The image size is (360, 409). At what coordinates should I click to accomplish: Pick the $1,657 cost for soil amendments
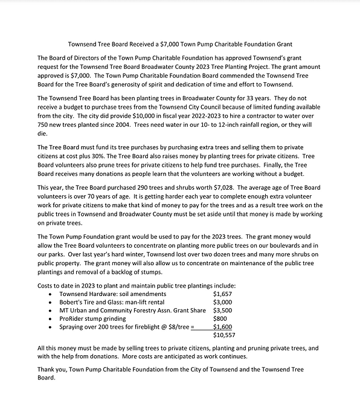coord(223,293)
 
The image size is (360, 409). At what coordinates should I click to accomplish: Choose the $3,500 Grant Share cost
coord(223,310)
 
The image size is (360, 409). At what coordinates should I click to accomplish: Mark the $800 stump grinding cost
coord(220,318)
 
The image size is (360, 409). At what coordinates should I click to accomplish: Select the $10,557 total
coord(225,335)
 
